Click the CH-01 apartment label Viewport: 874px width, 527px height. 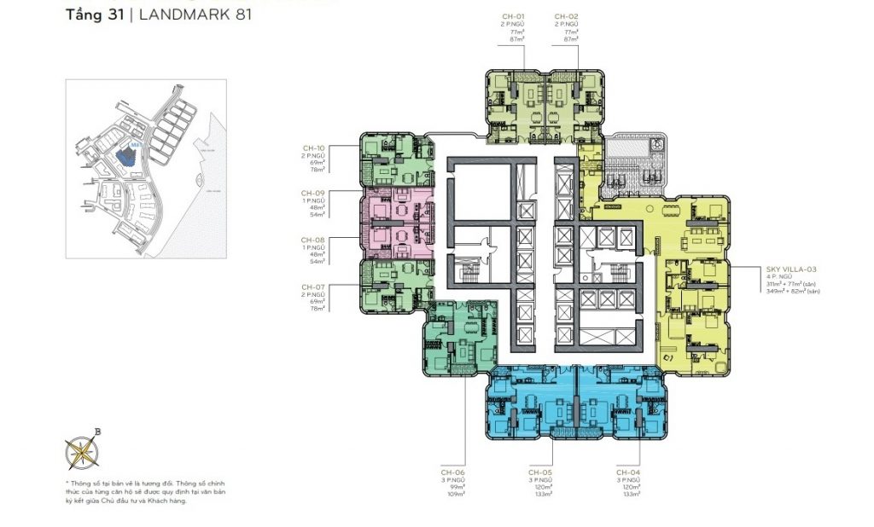(x=512, y=16)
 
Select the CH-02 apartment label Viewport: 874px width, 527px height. (x=567, y=16)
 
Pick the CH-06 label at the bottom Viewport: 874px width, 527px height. (x=453, y=472)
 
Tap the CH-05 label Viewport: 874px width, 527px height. (x=539, y=472)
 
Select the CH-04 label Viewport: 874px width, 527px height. (x=627, y=472)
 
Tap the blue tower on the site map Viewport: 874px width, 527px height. (x=125, y=155)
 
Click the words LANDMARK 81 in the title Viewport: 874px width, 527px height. (x=195, y=15)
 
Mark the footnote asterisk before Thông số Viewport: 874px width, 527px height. (x=67, y=484)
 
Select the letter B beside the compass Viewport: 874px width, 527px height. (x=98, y=431)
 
